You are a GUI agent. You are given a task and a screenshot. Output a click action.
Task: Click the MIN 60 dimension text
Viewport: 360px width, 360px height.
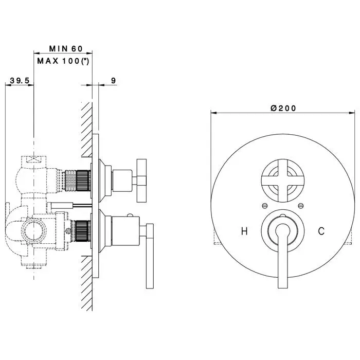[x=66, y=49]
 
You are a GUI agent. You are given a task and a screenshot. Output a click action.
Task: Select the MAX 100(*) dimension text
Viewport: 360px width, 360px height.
[x=63, y=61]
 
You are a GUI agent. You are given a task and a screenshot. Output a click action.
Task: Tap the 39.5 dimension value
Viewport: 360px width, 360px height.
[x=20, y=81]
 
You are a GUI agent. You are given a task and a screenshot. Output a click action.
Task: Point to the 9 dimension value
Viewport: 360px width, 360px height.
[x=114, y=81]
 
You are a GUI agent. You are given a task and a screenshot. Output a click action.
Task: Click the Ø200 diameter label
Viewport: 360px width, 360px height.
[x=283, y=108]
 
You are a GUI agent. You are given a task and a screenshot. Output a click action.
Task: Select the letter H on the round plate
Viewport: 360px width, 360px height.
[x=244, y=231]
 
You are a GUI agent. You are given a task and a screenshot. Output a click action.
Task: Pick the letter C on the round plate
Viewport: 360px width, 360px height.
[x=321, y=231]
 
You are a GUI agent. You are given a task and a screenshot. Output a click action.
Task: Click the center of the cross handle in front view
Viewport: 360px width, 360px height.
[x=283, y=181]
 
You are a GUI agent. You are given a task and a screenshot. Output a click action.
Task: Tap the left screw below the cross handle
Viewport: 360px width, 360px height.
[x=265, y=206]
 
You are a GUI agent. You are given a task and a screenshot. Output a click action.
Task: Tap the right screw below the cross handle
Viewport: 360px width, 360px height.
[x=300, y=206]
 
